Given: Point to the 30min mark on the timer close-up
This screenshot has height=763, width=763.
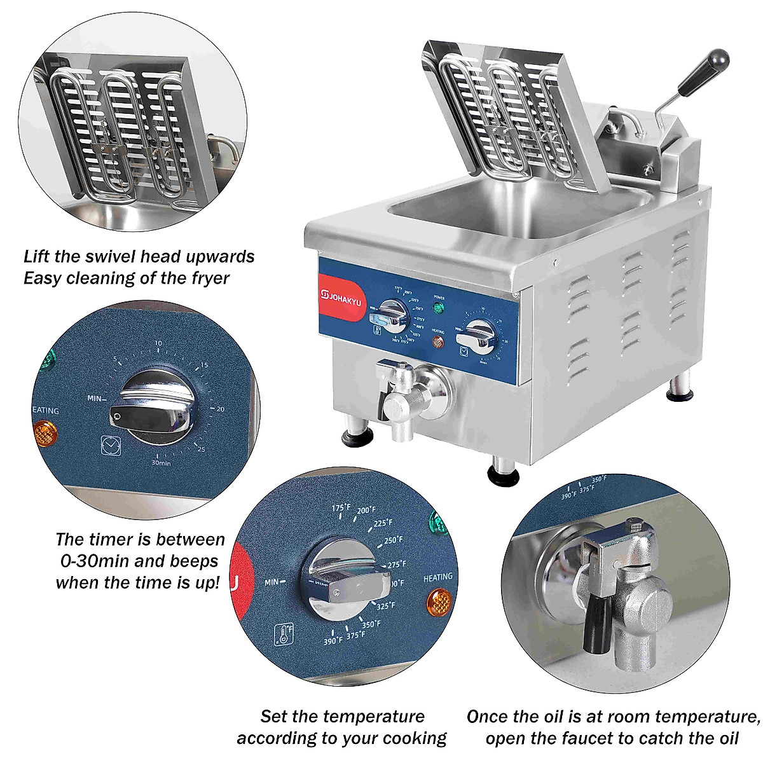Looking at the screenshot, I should click(x=162, y=462).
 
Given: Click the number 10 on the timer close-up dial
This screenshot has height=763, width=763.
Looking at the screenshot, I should click(x=158, y=344).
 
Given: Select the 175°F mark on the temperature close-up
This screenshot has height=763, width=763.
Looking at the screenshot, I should click(x=341, y=509).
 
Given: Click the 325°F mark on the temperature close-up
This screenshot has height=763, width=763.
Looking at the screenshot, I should click(x=385, y=606).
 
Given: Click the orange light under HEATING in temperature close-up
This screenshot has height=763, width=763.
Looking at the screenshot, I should click(x=437, y=599).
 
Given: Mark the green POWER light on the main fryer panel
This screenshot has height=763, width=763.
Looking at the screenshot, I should click(x=438, y=309).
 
